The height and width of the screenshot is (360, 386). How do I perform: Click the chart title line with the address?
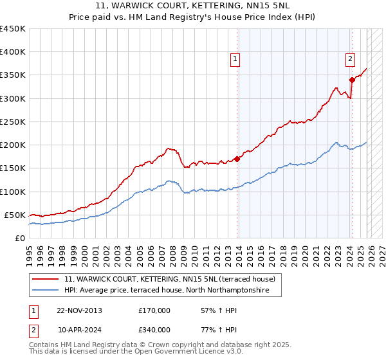(x=193, y=6)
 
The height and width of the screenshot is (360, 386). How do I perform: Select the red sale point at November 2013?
(x=237, y=158)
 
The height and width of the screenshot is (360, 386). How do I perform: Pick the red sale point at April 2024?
(x=352, y=80)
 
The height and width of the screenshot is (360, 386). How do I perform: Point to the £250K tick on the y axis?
(x=14, y=122)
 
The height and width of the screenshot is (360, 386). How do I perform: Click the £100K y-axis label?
(x=14, y=192)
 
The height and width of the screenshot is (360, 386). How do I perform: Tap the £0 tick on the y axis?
(x=19, y=238)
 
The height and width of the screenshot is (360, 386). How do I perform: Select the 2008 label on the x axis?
(x=172, y=251)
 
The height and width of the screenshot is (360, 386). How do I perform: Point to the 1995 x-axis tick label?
(x=30, y=251)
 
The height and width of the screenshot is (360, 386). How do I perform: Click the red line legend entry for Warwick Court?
(x=169, y=279)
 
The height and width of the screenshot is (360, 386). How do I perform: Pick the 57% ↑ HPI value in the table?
(x=215, y=310)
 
